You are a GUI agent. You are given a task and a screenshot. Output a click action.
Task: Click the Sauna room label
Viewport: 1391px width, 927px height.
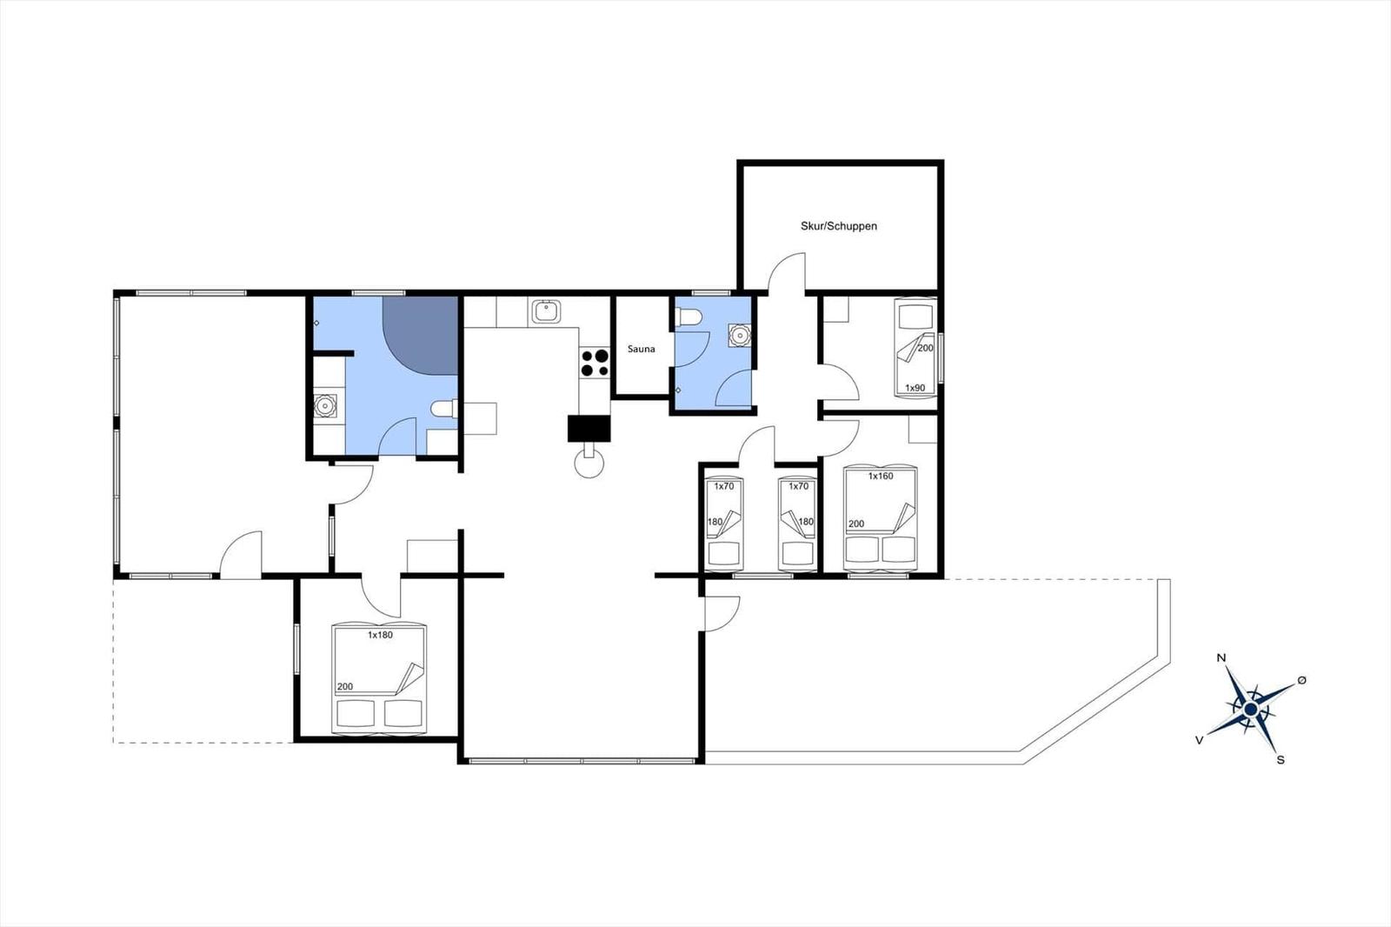click(641, 349)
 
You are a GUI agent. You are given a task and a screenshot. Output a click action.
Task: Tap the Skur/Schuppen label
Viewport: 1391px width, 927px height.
click(838, 226)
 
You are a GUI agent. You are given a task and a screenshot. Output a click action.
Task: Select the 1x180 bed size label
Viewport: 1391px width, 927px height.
click(380, 635)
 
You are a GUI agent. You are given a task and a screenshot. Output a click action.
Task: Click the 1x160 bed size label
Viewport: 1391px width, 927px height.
click(881, 477)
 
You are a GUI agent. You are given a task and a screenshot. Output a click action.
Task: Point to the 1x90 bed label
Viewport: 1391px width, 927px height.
click(915, 388)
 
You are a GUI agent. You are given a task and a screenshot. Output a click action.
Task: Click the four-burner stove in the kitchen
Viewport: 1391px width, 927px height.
click(596, 363)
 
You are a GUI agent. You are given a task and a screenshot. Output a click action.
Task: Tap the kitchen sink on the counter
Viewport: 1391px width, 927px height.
click(546, 310)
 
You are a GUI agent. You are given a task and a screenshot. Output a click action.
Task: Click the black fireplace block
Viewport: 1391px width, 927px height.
click(589, 429)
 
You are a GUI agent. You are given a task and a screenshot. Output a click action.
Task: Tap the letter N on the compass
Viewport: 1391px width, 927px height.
click(1221, 658)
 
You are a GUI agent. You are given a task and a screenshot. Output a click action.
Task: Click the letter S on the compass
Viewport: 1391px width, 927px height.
click(1280, 759)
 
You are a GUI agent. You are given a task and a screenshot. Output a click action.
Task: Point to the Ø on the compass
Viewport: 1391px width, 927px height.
click(1301, 679)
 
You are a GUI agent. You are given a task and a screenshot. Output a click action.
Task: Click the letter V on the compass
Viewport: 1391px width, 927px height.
click(1200, 740)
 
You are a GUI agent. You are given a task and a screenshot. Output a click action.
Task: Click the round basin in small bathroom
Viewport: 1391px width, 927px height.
click(740, 335)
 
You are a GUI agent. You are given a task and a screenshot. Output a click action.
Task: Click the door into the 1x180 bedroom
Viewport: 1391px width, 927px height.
click(381, 596)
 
